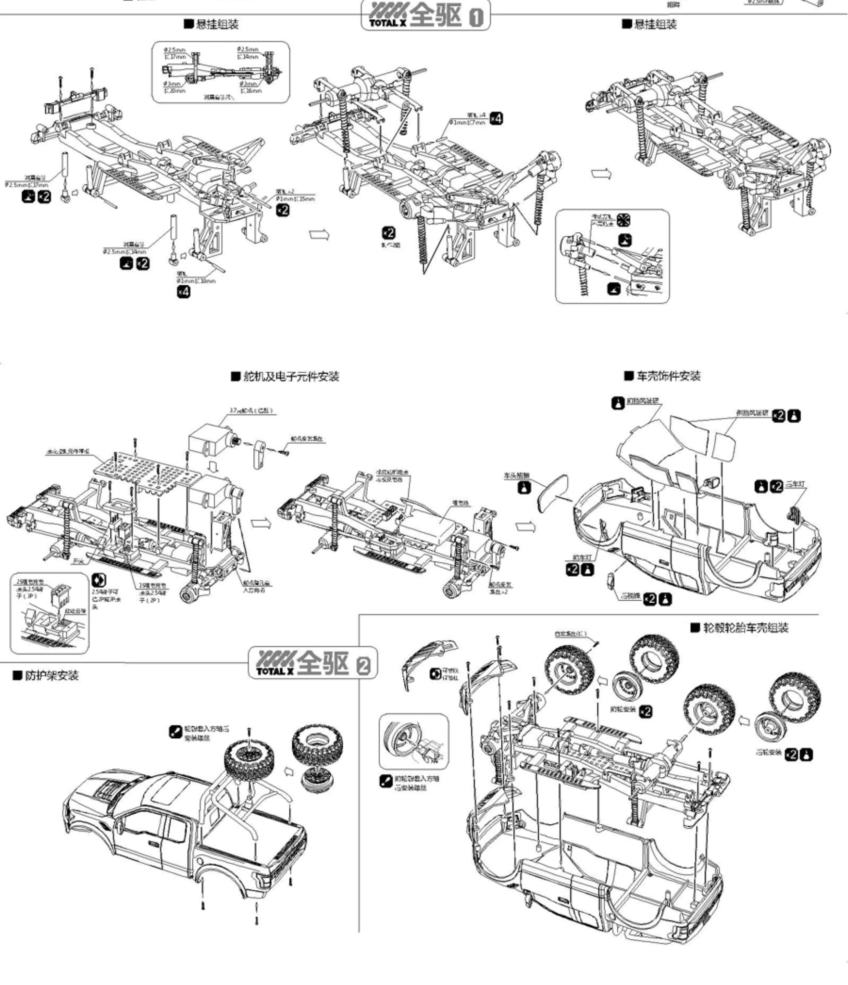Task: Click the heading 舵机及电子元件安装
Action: pos(290,376)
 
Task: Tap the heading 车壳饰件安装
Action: pos(668,376)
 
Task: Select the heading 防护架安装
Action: pos(51,676)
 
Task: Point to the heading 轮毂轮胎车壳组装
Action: pos(746,628)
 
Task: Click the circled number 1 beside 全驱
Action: pos(475,18)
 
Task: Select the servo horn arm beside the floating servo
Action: pos(259,453)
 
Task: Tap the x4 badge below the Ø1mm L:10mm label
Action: pos(183,291)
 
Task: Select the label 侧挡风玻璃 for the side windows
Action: pos(752,413)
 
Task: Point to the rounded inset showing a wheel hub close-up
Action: pos(413,741)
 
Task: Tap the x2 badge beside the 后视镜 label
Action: pos(650,599)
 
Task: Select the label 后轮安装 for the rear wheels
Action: pos(768,752)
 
